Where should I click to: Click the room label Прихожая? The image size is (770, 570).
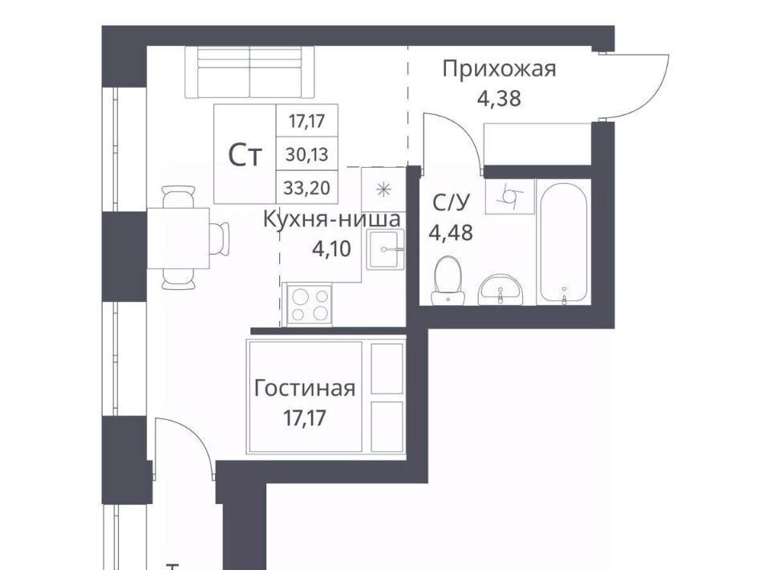(x=499, y=70)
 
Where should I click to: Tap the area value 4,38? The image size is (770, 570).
(x=499, y=98)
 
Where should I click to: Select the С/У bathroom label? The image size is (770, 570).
(x=451, y=202)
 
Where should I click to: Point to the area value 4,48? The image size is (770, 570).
(x=451, y=232)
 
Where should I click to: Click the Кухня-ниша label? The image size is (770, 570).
(x=332, y=219)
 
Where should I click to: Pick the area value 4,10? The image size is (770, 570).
(x=332, y=249)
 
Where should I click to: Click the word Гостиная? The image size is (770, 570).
(x=305, y=389)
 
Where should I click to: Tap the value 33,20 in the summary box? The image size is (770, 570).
(x=307, y=188)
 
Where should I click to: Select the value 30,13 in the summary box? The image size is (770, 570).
(x=307, y=154)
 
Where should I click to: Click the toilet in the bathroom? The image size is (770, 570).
(x=448, y=280)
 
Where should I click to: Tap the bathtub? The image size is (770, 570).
(x=563, y=242)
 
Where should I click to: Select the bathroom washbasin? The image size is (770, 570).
(x=500, y=290)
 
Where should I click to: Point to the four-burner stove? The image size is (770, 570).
(x=310, y=304)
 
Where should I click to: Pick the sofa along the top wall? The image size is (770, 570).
(x=249, y=73)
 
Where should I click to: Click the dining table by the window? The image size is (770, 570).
(x=178, y=238)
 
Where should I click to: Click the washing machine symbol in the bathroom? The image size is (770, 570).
(x=510, y=197)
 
